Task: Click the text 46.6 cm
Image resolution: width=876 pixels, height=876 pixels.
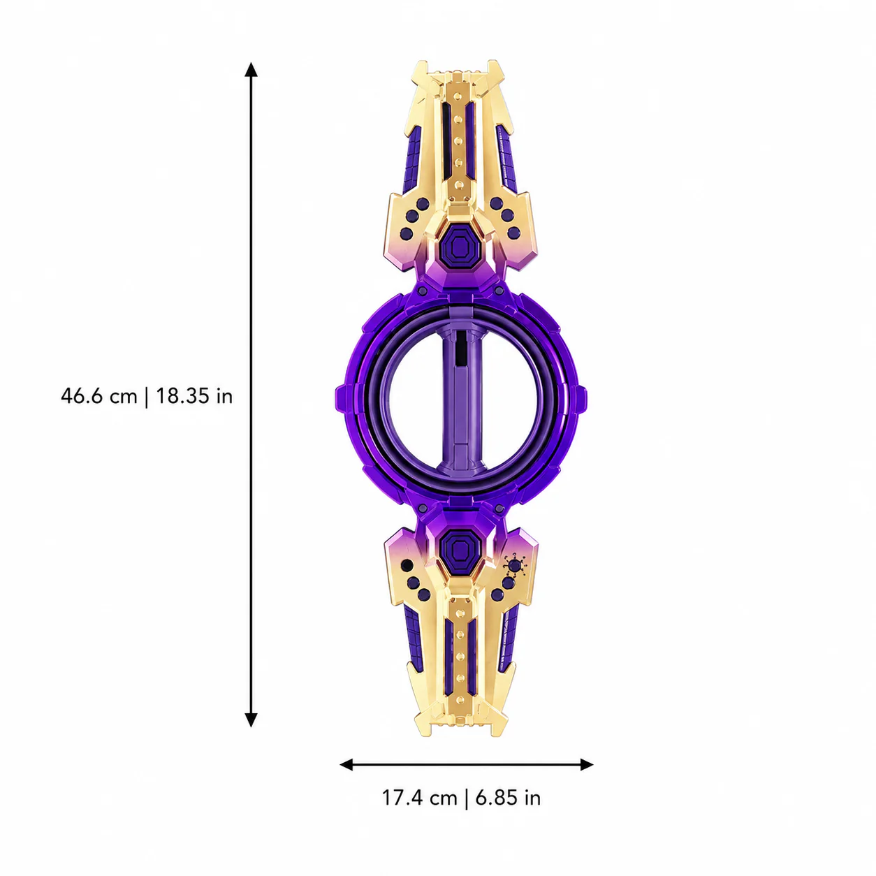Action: [x=98, y=396]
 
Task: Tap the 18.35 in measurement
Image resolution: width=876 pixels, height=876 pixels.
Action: [x=195, y=396]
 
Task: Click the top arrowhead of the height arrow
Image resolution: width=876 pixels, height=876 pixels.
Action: [x=251, y=68]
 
